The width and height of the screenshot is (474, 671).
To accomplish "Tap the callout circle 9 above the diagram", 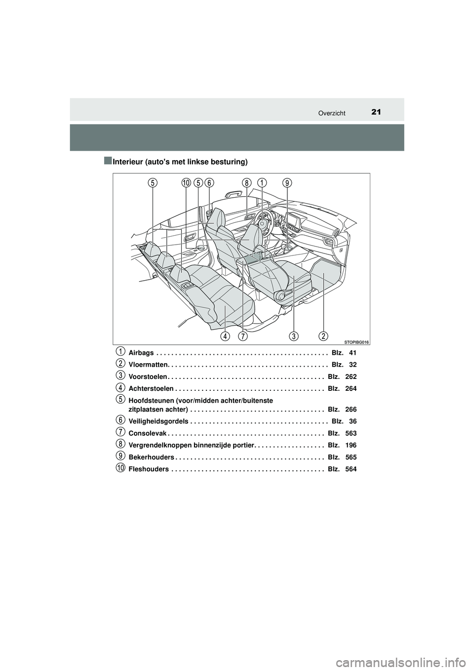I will click(x=287, y=183).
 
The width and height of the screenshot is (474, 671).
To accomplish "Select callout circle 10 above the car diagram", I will click(x=186, y=183).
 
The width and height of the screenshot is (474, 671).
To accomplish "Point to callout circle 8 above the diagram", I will click(x=246, y=183).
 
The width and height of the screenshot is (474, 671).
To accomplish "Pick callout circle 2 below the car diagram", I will click(x=323, y=336).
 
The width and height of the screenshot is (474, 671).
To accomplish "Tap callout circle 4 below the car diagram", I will click(x=225, y=336).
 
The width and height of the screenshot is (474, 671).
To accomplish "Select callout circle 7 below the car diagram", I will click(x=242, y=336).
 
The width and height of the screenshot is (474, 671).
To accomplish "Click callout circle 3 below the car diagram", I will click(x=294, y=336).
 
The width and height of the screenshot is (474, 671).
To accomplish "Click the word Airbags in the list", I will click(x=141, y=353).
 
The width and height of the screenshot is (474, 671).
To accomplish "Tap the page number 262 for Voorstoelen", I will click(x=351, y=377).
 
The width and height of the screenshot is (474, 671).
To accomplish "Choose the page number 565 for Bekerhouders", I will click(x=351, y=457).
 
